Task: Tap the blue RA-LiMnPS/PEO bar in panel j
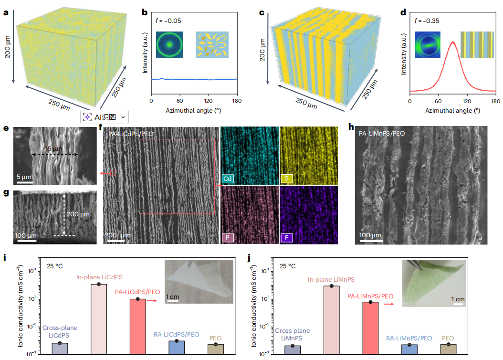coord(409,349)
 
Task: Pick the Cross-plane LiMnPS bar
coord(292,349)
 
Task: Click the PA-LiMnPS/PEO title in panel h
coord(382,134)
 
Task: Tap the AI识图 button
coord(104,116)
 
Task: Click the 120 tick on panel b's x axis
coord(208,101)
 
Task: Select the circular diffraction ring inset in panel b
coord(169,45)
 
